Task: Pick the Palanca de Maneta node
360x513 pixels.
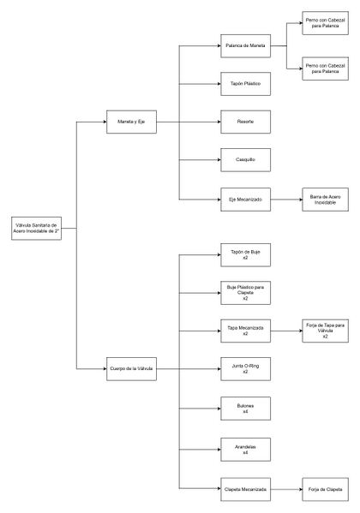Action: point(244,46)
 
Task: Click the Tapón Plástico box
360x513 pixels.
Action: point(244,84)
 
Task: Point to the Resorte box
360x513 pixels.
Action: point(244,122)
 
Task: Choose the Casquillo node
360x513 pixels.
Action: point(244,159)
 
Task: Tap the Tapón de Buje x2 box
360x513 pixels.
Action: point(244,254)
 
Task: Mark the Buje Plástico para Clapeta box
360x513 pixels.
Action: point(244,292)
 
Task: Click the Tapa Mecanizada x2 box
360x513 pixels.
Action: point(244,331)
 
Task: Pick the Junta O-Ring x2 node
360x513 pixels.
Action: point(244,369)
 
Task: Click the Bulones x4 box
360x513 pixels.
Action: point(244,409)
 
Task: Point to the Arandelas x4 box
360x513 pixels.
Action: point(244,448)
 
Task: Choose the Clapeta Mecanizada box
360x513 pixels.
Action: point(244,488)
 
